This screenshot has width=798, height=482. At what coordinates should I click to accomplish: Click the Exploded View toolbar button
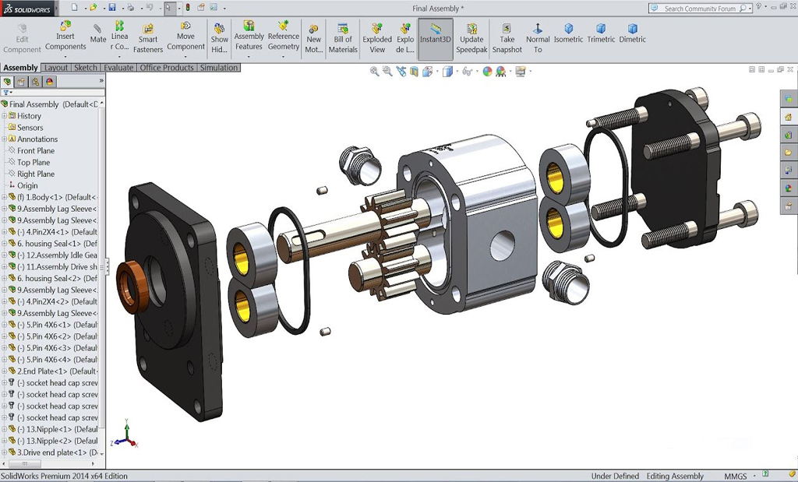[x=377, y=38]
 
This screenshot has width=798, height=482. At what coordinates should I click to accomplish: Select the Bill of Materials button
[x=343, y=38]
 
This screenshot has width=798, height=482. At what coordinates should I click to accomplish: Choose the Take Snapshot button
[x=507, y=38]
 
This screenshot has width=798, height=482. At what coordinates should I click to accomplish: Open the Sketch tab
[x=85, y=68]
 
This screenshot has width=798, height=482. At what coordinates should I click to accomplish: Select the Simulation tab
[x=219, y=68]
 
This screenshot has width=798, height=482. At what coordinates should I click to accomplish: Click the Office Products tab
[x=167, y=68]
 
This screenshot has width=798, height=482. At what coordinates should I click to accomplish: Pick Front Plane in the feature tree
[x=36, y=151]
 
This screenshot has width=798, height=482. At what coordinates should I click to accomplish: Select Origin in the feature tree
[x=27, y=186]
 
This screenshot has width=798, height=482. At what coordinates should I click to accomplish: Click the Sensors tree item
[x=30, y=128]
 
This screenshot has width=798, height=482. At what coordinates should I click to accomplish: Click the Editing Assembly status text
[x=675, y=476]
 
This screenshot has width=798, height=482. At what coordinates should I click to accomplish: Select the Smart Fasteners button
[x=147, y=38]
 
